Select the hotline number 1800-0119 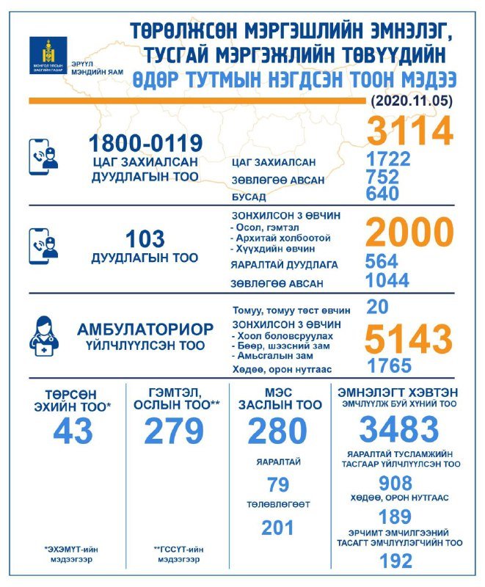[x=145, y=142]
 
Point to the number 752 [x=382, y=177]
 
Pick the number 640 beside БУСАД [x=382, y=194]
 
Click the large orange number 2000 [x=409, y=233]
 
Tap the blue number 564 [x=382, y=262]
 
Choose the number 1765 [x=389, y=365]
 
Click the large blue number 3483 [x=399, y=430]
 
